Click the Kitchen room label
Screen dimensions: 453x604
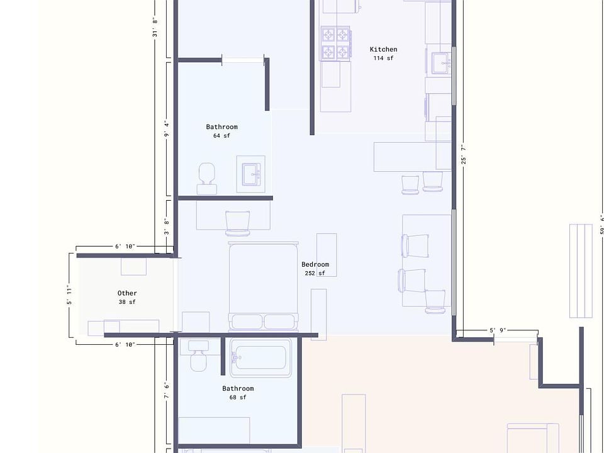pyautogui.click(x=383, y=49)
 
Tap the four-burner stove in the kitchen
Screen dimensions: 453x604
pyautogui.click(x=335, y=43)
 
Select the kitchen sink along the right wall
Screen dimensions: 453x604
pyautogui.click(x=440, y=62)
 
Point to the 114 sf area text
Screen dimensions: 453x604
pyautogui.click(x=383, y=59)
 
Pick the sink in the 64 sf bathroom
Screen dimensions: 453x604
pyautogui.click(x=251, y=174)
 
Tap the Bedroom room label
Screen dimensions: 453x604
pyautogui.click(x=315, y=264)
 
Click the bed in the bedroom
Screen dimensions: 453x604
pyautogui.click(x=263, y=286)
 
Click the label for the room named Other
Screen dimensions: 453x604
pyautogui.click(x=127, y=293)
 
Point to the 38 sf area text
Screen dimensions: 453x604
pyautogui.click(x=127, y=302)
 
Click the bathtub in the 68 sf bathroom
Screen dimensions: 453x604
pyautogui.click(x=260, y=358)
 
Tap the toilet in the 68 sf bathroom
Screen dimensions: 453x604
pyautogui.click(x=198, y=360)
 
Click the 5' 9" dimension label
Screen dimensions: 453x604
pyautogui.click(x=497, y=330)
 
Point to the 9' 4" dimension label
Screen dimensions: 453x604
pyautogui.click(x=167, y=128)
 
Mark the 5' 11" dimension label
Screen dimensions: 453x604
pyautogui.click(x=70, y=295)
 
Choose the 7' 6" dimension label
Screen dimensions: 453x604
pyautogui.click(x=167, y=391)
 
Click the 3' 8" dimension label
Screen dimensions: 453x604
pyautogui.click(x=167, y=226)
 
